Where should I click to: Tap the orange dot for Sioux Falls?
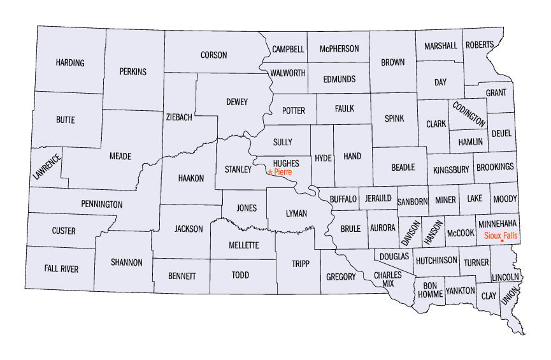tap(503, 241)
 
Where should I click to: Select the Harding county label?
tap(70, 62)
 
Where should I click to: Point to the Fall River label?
tap(61, 269)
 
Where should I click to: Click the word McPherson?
tap(340, 48)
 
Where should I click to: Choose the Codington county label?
tap(469, 113)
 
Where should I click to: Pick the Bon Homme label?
tap(429, 290)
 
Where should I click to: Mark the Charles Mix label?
tap(387, 279)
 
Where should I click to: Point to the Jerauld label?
tap(378, 199)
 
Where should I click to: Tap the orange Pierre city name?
tap(283, 172)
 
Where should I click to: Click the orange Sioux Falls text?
tap(501, 234)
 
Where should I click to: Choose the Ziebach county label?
tap(178, 117)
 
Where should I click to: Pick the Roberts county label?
tap(479, 45)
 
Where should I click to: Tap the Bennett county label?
tap(182, 276)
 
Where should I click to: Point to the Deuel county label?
tap(501, 134)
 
